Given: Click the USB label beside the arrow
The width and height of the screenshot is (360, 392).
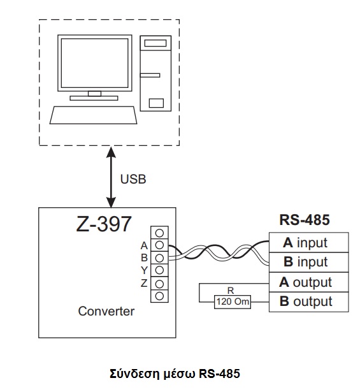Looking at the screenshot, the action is pyautogui.click(x=133, y=179).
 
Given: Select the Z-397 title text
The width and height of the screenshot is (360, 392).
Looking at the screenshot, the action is pyautogui.click(x=104, y=224).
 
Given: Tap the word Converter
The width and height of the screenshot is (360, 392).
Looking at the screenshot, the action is pyautogui.click(x=106, y=311).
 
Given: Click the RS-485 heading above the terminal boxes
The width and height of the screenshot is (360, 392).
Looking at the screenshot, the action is pyautogui.click(x=305, y=220).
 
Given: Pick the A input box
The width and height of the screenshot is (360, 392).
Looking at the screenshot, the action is pyautogui.click(x=309, y=242).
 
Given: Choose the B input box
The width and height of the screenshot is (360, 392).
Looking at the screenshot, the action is pyautogui.click(x=309, y=262).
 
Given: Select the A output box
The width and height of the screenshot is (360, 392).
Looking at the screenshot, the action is pyautogui.click(x=309, y=282).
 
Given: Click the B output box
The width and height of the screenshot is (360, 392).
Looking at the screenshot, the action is pyautogui.click(x=309, y=301).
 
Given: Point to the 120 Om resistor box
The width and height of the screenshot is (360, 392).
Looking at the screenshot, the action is pyautogui.click(x=233, y=301).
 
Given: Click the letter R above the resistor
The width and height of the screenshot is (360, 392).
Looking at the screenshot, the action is pyautogui.click(x=231, y=291).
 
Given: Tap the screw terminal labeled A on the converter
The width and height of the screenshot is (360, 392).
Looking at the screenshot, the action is pyautogui.click(x=159, y=245).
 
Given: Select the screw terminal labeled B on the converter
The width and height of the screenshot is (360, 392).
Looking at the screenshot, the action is pyautogui.click(x=159, y=258).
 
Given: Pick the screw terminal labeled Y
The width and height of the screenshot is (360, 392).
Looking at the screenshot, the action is pyautogui.click(x=159, y=270).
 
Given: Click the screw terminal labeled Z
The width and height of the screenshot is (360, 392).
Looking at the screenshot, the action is pyautogui.click(x=159, y=284).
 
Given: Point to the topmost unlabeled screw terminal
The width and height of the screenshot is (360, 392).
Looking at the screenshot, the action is pyautogui.click(x=159, y=233).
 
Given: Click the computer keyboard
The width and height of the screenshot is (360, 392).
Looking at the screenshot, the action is pyautogui.click(x=93, y=115).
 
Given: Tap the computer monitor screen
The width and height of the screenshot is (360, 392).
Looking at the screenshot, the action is pyautogui.click(x=95, y=63).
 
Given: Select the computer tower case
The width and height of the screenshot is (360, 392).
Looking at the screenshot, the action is pyautogui.click(x=155, y=73).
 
